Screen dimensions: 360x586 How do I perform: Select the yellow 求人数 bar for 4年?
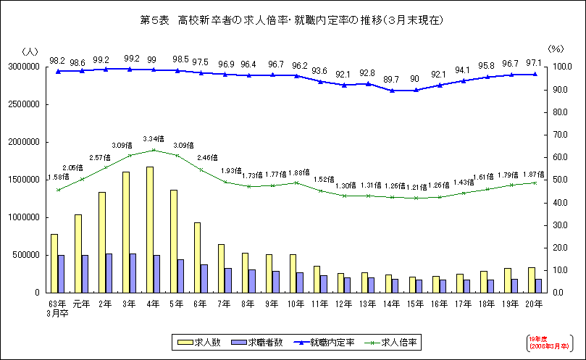tap(149, 230)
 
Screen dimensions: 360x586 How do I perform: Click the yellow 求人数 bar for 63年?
tap(54, 263)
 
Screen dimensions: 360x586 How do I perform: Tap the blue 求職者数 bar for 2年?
tap(109, 273)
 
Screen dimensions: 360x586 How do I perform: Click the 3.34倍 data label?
tap(154, 138)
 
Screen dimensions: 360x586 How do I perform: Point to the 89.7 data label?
tap(391, 79)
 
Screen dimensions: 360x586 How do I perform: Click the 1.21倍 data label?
tap(416, 187)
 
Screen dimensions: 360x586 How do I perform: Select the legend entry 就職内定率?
tap(330, 341)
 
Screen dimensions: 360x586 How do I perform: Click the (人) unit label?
tap(31, 51)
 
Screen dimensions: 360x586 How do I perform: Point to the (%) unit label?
tap(556, 49)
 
